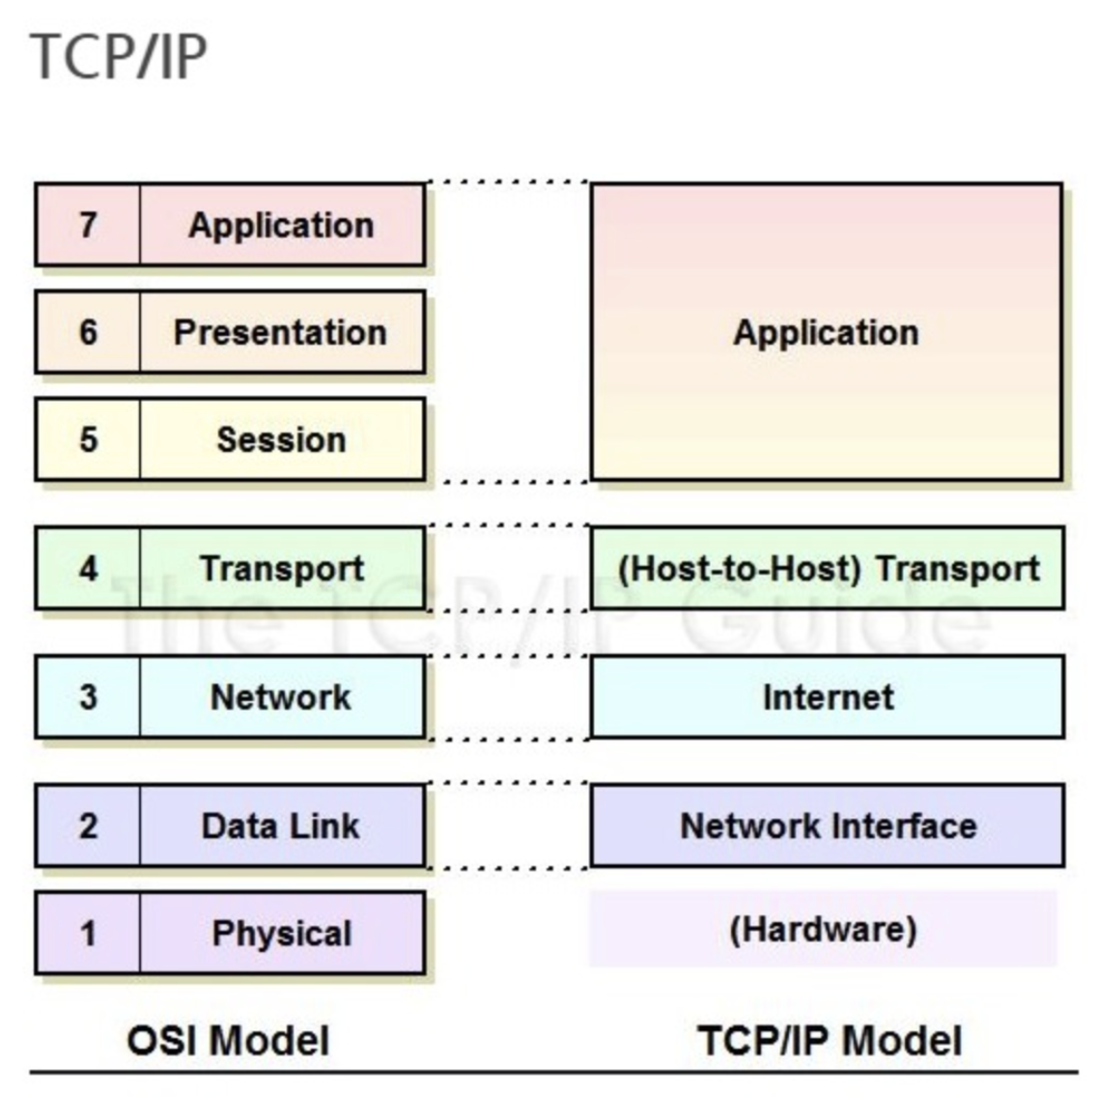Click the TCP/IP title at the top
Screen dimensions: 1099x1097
coord(119,56)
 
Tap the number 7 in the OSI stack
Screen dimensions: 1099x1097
coord(88,225)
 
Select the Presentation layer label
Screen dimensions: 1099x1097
coord(280,332)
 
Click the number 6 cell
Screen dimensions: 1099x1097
coord(88,332)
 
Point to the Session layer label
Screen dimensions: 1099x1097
coord(282,440)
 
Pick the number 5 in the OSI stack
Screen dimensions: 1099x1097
coord(88,440)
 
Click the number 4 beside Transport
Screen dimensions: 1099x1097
coord(88,569)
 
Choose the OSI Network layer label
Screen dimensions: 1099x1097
coord(281,697)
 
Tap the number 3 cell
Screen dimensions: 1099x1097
coord(88,697)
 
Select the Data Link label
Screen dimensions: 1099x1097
coord(280,826)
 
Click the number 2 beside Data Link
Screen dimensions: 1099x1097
coord(88,826)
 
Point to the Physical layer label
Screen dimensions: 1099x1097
coord(282,934)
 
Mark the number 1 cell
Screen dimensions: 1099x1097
coord(88,933)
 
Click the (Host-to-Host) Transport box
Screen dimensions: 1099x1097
coord(828,568)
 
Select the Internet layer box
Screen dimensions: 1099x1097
coord(828,697)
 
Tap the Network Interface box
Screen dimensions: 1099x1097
coord(828,826)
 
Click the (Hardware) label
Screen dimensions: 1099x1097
coord(824,930)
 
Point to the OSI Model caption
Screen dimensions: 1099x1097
coord(228,1040)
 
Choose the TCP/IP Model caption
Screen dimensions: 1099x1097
coord(830,1040)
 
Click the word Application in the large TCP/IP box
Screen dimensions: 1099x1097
coord(827,333)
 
